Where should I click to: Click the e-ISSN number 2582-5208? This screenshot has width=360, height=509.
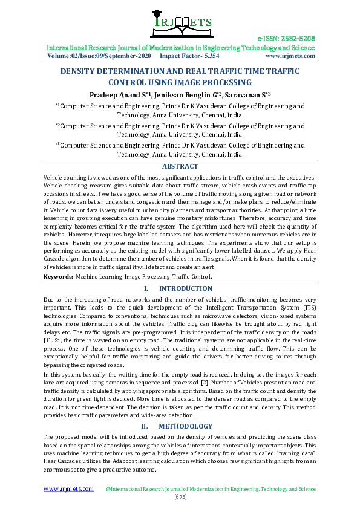click(x=298, y=37)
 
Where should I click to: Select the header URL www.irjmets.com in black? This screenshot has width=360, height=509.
click(x=290, y=56)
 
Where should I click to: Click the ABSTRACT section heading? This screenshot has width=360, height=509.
click(x=180, y=166)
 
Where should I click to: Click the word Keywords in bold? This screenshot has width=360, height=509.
click(x=57, y=276)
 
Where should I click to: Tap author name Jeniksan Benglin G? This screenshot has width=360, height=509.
click(x=186, y=94)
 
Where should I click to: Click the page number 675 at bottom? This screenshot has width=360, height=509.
click(x=180, y=497)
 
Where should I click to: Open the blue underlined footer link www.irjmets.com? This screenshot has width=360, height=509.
click(x=68, y=488)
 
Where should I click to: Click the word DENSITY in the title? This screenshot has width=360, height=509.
click(x=82, y=71)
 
